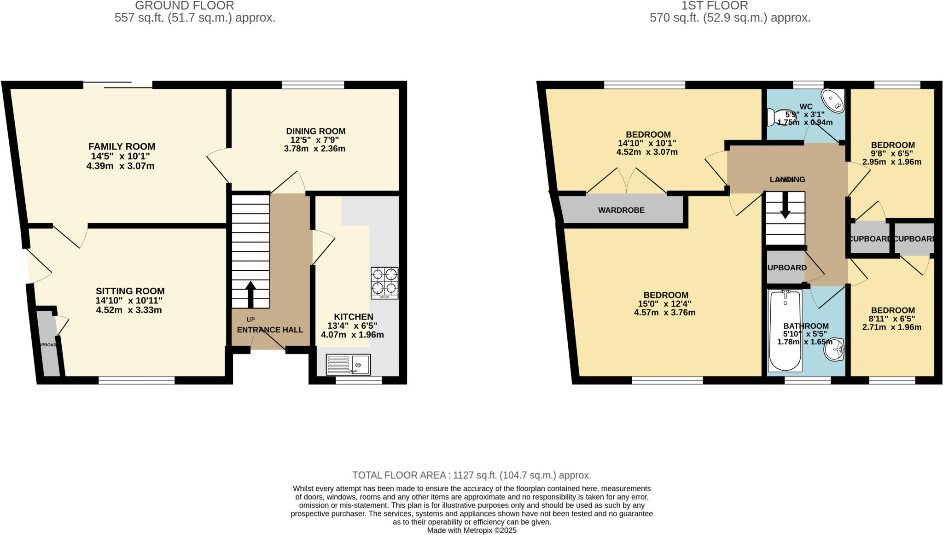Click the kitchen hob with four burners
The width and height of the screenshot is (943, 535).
pyautogui.click(x=384, y=283)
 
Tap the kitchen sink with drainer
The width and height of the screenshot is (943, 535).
pyautogui.click(x=348, y=364)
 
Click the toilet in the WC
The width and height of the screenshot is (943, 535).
pyautogui.click(x=778, y=116)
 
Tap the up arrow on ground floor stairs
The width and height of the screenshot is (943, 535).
pyautogui.click(x=250, y=294)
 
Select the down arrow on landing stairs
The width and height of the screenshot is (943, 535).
pyautogui.click(x=785, y=205)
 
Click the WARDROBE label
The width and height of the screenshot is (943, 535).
pyautogui.click(x=621, y=210)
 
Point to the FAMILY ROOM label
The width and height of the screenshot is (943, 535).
pyautogui.click(x=122, y=147)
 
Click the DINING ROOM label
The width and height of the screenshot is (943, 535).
pyautogui.click(x=315, y=131)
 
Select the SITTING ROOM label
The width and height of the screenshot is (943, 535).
pyautogui.click(x=130, y=291)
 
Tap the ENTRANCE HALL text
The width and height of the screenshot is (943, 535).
pyautogui.click(x=270, y=330)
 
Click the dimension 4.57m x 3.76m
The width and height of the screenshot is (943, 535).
pyautogui.click(x=664, y=313)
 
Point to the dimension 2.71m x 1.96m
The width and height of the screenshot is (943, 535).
pyautogui.click(x=891, y=327)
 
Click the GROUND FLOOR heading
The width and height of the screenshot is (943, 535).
pyautogui.click(x=184, y=6)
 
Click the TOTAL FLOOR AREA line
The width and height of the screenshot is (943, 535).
pyautogui.click(x=471, y=475)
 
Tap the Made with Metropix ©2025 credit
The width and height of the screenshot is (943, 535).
pyautogui.click(x=471, y=530)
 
